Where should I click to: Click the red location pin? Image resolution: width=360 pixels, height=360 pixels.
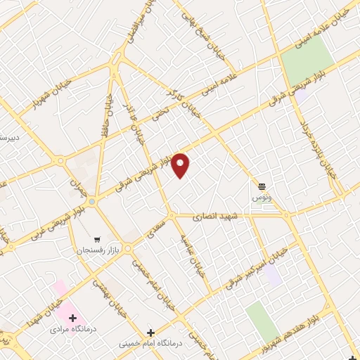pos(181,166)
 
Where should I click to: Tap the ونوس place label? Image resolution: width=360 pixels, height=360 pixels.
pos(262,198)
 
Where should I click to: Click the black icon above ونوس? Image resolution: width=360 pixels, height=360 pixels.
pos(262,186)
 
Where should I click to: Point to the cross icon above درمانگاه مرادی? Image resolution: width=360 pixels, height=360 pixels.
pos(72,318)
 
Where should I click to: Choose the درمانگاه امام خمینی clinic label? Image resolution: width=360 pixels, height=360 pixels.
pos(150,343)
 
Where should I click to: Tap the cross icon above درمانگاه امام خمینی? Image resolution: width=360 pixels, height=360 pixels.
pos(150,332)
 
